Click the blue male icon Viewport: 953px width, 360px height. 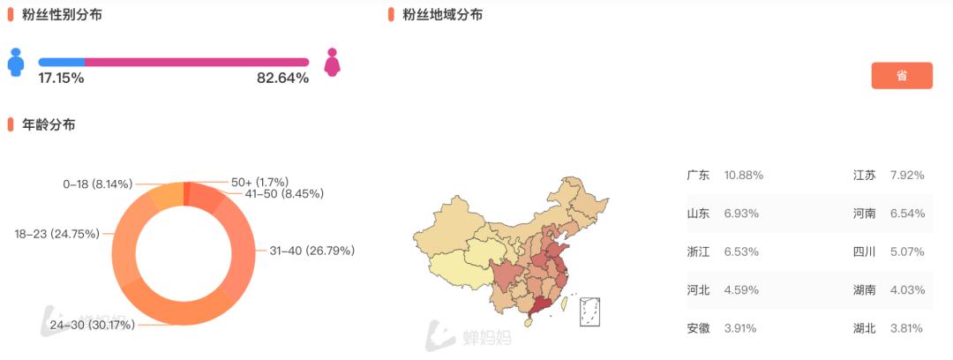[x=15, y=62]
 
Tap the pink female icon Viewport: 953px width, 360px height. [x=333, y=62]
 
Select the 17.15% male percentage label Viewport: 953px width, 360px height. [x=61, y=79]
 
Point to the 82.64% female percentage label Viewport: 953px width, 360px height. [x=282, y=79]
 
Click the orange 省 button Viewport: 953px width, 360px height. [x=901, y=76]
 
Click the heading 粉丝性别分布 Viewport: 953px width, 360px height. [x=63, y=15]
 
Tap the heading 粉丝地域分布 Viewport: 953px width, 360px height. [x=442, y=15]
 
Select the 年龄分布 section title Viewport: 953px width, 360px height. [x=49, y=125]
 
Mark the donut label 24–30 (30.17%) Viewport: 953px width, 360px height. [x=92, y=326]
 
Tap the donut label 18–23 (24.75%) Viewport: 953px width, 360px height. [x=56, y=234]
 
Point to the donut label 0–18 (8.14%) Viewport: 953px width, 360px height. [x=97, y=184]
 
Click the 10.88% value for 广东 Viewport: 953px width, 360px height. [x=743, y=176]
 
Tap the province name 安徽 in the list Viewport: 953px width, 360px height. [x=698, y=328]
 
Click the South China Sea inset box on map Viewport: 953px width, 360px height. [x=589, y=311]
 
